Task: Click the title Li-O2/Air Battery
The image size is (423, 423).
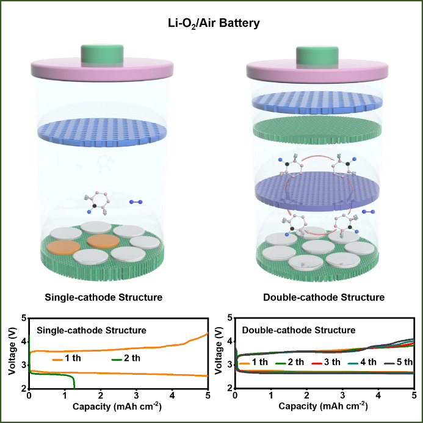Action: (211, 24)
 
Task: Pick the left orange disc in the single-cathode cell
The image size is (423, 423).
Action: (64, 247)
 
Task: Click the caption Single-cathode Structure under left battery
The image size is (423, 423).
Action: (103, 298)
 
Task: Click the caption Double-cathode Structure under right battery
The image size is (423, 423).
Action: (324, 298)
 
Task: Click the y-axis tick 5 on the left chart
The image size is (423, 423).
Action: (24, 318)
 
